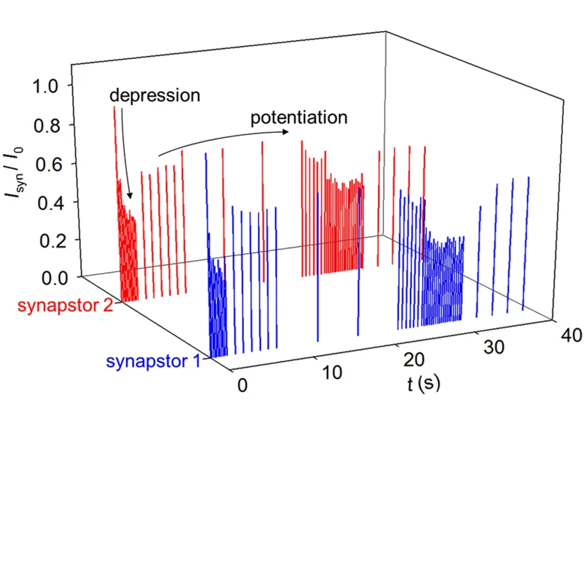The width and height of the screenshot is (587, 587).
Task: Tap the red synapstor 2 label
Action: [65, 305]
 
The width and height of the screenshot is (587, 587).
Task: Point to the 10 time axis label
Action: [332, 373]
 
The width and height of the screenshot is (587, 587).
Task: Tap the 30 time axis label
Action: [494, 347]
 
